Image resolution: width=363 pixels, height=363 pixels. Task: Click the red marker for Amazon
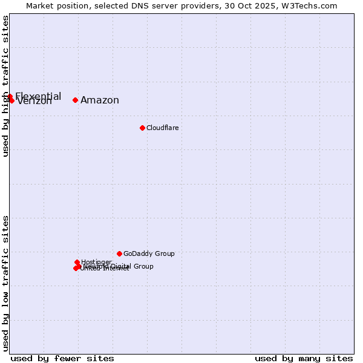(75, 100)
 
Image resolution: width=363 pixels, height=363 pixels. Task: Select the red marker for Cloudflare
(142, 128)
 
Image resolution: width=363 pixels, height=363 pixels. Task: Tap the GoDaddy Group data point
(119, 253)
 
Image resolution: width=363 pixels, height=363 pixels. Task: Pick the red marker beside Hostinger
(77, 263)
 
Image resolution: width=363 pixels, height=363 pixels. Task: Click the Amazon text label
(100, 100)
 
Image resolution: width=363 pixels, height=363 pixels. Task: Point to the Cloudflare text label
(162, 128)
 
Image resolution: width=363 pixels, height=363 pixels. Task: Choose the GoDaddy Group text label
(149, 253)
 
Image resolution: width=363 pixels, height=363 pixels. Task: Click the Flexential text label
(38, 96)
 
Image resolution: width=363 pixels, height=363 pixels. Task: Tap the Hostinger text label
(96, 263)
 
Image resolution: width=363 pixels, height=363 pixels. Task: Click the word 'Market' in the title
(40, 5)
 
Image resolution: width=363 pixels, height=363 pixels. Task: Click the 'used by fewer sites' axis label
(62, 358)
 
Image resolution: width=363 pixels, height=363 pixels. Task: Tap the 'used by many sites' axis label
(304, 358)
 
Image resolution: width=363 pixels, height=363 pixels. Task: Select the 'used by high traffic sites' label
(5, 86)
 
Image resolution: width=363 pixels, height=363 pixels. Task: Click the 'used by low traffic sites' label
(5, 283)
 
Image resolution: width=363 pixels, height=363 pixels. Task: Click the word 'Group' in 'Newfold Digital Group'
(143, 266)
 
